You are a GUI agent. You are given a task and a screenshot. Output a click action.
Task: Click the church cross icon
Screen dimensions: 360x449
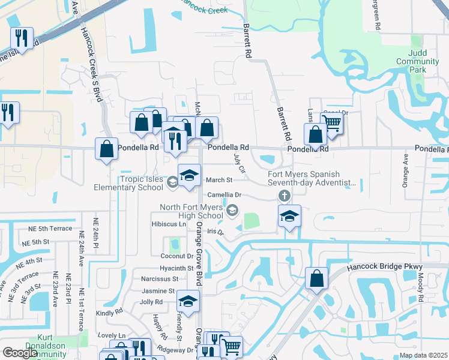tap(284, 196)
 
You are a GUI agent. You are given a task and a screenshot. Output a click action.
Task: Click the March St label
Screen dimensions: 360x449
tap(218, 180)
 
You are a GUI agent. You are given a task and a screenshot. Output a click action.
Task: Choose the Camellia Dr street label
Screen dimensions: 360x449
tap(224, 195)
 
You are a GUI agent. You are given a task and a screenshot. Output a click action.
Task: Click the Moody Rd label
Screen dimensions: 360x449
tap(421, 286)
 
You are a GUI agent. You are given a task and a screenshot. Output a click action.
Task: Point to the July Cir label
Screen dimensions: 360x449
tap(238, 163)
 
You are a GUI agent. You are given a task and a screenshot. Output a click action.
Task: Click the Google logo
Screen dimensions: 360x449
tap(20, 353)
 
